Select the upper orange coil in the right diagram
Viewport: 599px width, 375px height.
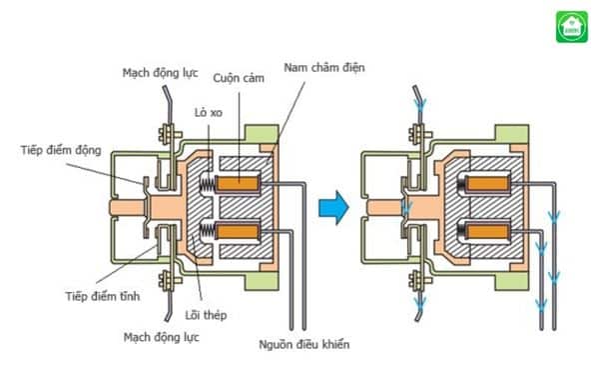click(486, 183)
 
